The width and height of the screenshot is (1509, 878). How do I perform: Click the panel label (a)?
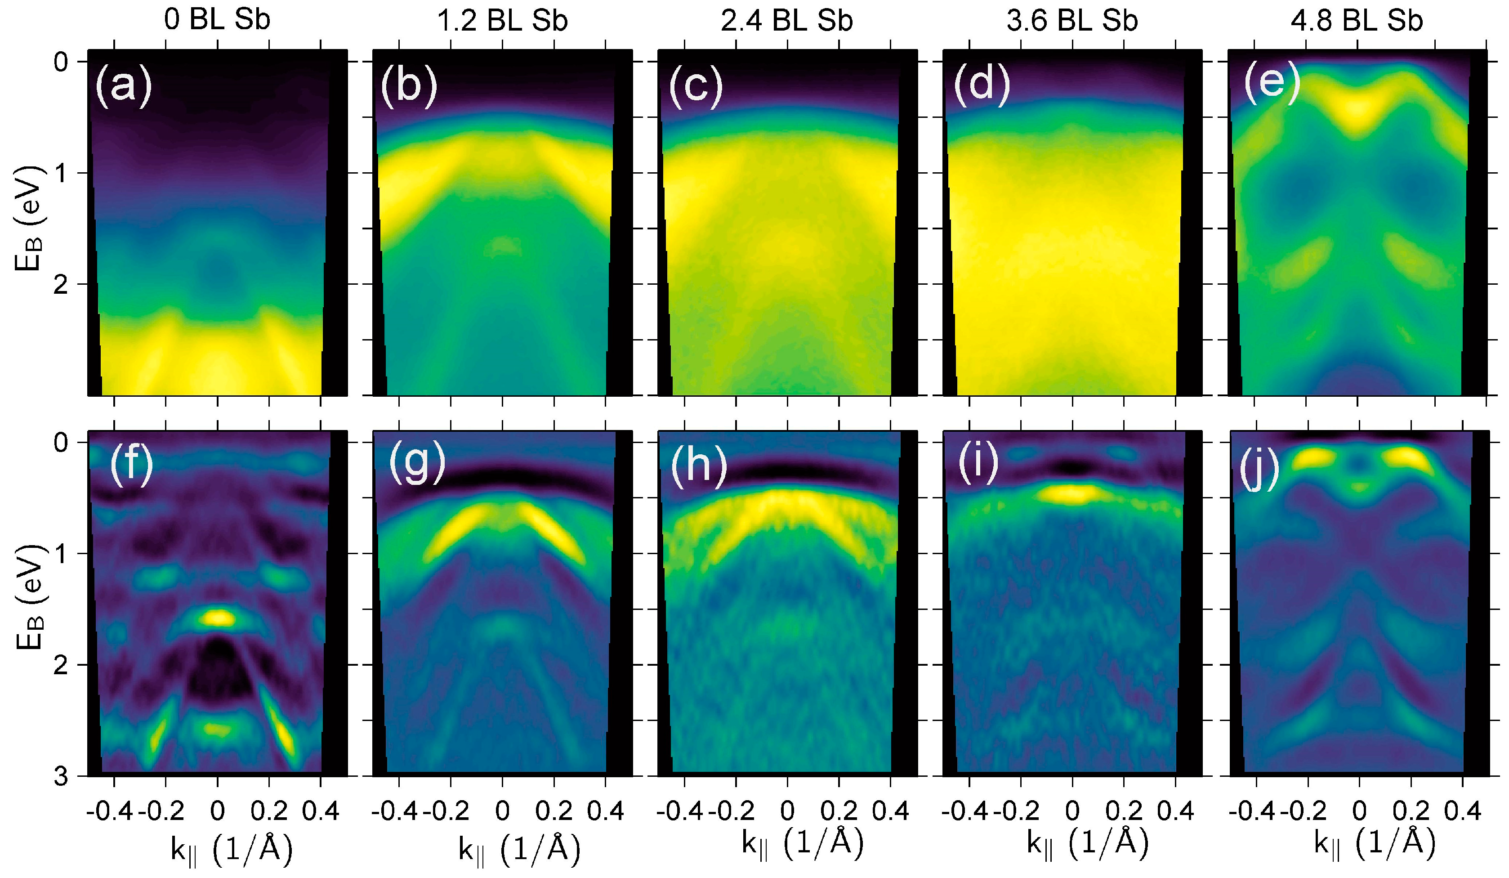point(123,88)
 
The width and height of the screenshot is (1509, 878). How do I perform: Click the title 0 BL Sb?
point(217,20)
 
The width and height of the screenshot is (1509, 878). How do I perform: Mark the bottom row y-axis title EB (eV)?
point(29,597)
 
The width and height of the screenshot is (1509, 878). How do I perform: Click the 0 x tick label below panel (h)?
point(787,811)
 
